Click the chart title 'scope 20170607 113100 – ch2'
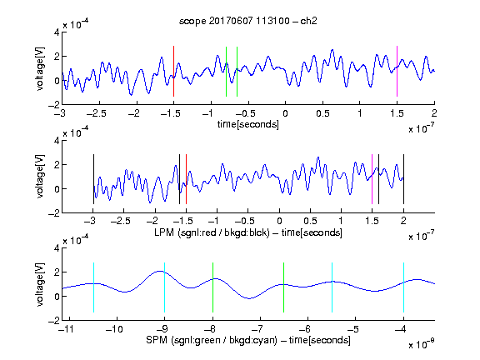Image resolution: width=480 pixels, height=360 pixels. [x=248, y=21]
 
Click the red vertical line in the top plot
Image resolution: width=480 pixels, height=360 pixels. [x=173, y=72]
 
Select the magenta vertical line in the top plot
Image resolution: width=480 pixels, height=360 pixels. [x=397, y=72]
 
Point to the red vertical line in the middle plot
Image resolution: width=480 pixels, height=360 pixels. [x=186, y=179]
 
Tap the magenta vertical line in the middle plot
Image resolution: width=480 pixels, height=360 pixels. [x=372, y=179]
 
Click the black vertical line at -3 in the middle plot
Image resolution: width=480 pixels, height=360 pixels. [x=93, y=179]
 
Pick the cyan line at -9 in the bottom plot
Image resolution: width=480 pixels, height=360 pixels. [x=165, y=287]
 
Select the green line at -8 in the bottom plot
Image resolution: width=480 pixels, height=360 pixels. [x=212, y=287]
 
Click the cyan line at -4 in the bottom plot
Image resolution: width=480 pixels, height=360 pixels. [x=404, y=287]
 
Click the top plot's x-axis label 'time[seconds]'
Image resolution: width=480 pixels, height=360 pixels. [x=248, y=124]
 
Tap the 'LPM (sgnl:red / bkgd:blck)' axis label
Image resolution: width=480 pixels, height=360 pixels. [x=212, y=232]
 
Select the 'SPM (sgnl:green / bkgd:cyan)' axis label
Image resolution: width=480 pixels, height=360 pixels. [x=212, y=340]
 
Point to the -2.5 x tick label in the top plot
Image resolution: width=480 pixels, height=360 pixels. [x=97, y=114]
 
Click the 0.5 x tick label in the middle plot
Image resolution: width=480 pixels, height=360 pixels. [x=310, y=221]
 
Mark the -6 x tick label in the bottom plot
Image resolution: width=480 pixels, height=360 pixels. [x=307, y=329]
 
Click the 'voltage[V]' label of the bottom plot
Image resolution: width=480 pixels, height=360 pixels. [x=40, y=285]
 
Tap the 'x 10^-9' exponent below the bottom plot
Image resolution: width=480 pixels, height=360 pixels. [x=422, y=344]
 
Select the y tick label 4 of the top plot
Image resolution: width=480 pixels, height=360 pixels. [x=57, y=32]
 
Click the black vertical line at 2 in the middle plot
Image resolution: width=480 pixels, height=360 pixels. [x=404, y=179]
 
